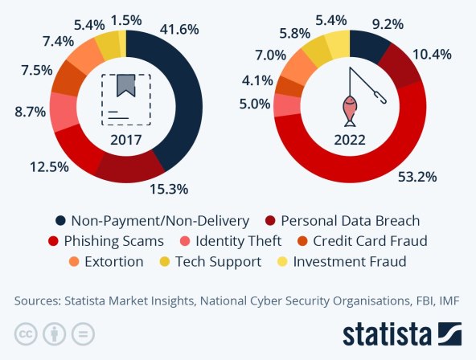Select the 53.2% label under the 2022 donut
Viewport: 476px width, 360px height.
(420, 177)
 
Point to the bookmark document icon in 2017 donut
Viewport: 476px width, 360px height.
(125, 97)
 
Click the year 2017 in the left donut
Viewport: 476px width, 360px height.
(126, 140)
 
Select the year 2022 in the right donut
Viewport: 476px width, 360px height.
(348, 140)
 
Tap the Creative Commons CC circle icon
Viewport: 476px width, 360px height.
(26, 333)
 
